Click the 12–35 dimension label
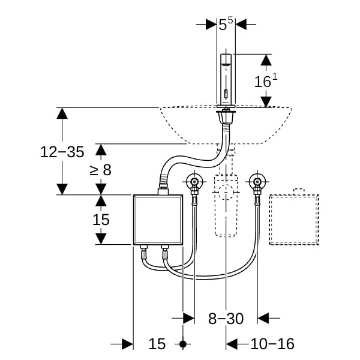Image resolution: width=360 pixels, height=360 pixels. point(62,152)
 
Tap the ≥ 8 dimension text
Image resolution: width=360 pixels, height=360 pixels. point(101,170)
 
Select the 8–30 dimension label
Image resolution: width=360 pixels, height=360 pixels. point(226,319)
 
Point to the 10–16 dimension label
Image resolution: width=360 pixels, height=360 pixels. point(272,344)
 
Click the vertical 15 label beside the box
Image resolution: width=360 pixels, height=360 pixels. point(101,220)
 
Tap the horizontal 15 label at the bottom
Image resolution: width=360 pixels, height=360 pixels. point(157,344)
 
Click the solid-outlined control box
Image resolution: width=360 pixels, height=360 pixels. point(157,220)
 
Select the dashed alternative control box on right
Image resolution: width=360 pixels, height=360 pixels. point(293,220)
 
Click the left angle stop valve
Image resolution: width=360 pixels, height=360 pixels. point(194,182)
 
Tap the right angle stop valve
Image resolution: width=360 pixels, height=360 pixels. point(258,182)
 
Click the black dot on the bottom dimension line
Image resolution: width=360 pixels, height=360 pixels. point(184,344)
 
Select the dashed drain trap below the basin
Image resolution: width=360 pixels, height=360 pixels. point(225,204)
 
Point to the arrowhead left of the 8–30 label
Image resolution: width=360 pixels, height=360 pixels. point(188,318)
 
